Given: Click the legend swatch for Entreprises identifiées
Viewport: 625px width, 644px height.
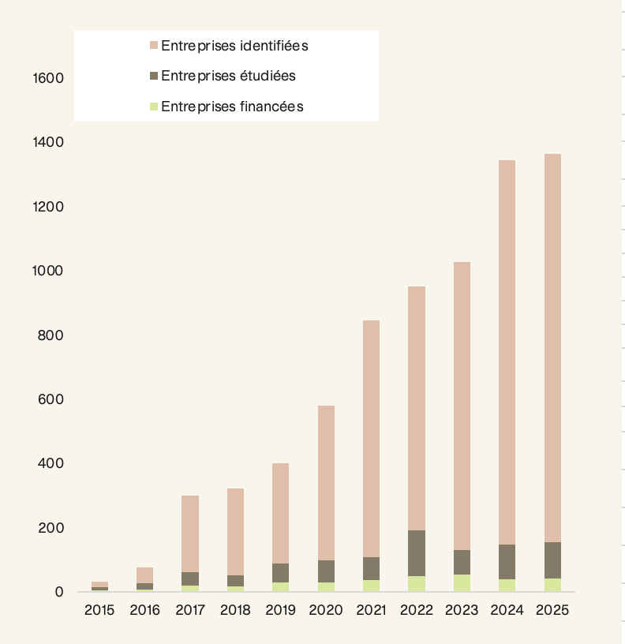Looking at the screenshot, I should point(154,46).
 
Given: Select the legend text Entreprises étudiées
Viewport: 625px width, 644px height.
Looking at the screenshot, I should point(228,76).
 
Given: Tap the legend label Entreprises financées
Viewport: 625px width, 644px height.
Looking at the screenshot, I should point(232,107).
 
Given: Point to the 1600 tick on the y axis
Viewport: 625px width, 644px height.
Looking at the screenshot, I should point(48,78).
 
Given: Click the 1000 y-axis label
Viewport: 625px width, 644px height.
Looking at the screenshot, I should point(48,271).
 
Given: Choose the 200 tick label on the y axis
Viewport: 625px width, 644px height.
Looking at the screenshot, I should point(52,527).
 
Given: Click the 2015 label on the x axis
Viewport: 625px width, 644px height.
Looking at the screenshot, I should point(99,610).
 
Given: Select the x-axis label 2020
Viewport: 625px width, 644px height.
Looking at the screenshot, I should point(325,610).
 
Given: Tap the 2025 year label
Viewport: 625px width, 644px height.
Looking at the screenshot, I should point(552,610).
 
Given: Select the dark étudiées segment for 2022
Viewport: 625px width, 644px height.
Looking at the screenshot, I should point(416,552).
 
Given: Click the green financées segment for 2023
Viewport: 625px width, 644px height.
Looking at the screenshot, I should point(462,583).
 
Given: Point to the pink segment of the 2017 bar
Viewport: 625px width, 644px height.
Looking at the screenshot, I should point(190,534).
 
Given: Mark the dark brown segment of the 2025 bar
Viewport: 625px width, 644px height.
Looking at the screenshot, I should point(552,560).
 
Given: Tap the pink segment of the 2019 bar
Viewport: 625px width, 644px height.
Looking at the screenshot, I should point(280,513).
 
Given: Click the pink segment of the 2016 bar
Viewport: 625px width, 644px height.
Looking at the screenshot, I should point(144,575).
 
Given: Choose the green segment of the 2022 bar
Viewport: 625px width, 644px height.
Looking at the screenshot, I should point(416,584).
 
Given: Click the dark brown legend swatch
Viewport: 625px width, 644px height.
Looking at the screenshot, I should point(154,76).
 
